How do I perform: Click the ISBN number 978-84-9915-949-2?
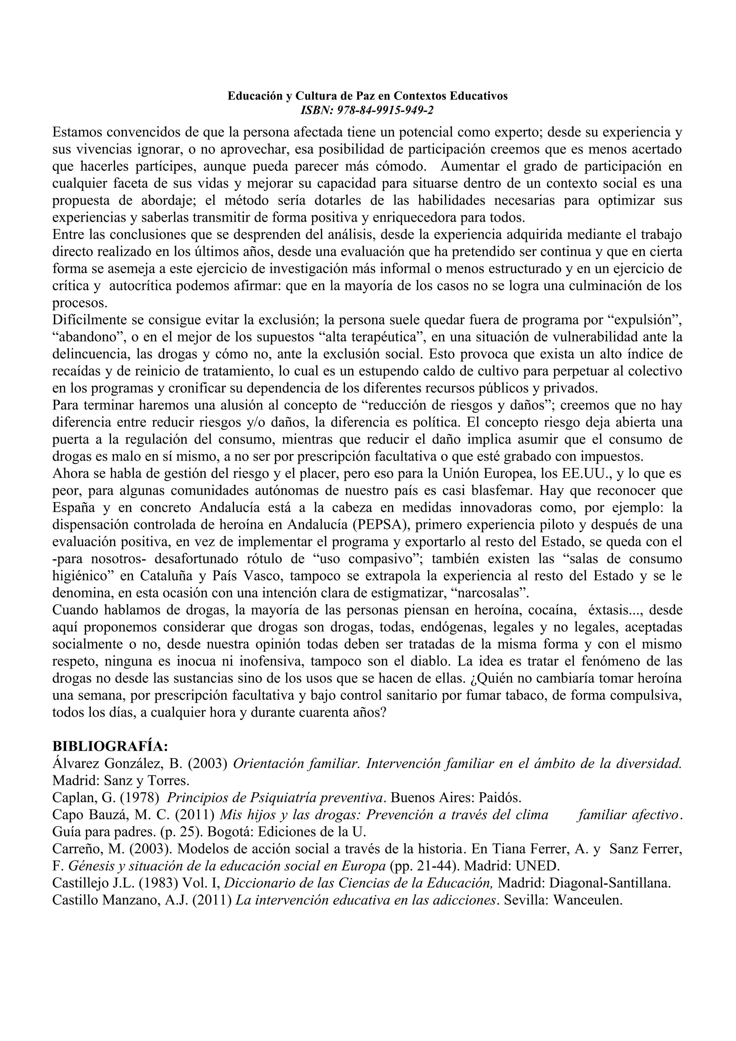[x=385, y=110]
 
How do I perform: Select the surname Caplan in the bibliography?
[x=68, y=798]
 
